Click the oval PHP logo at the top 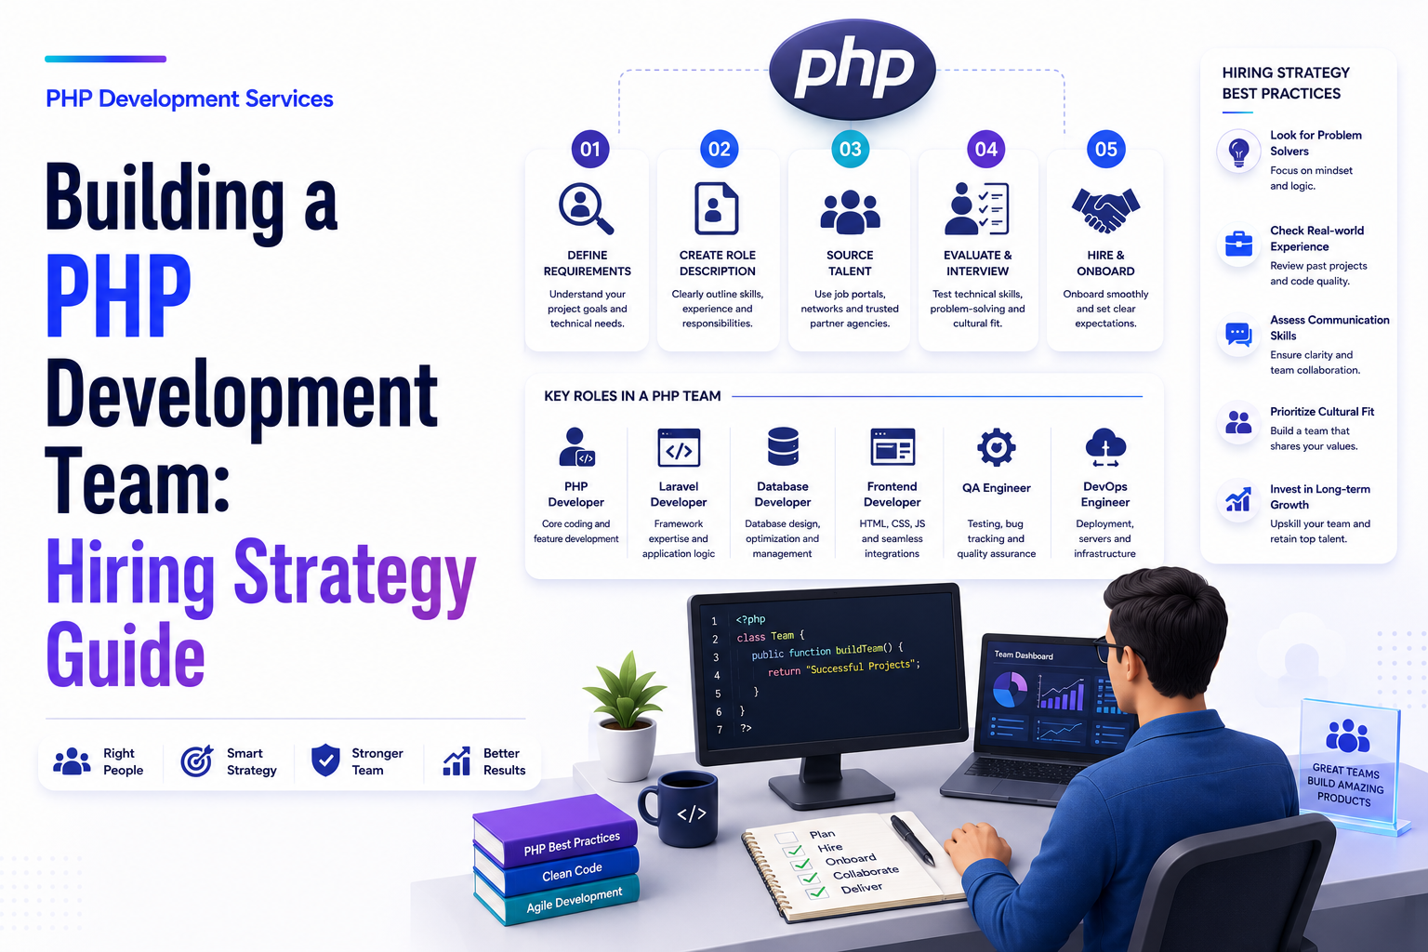click(853, 69)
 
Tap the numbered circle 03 click(851, 149)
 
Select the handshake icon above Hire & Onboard click(1105, 210)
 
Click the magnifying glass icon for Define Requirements click(586, 208)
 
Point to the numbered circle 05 click(1106, 149)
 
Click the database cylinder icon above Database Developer click(783, 446)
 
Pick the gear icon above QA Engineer click(997, 447)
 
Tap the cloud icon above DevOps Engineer click(1105, 447)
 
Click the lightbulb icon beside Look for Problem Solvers click(1238, 152)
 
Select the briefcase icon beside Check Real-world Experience click(1238, 244)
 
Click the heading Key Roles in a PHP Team click(632, 396)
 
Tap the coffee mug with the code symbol click(680, 808)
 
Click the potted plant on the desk click(626, 716)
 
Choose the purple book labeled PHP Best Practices click(555, 830)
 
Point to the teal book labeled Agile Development click(558, 898)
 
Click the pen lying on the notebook click(913, 840)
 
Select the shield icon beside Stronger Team click(325, 760)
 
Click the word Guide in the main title click(126, 654)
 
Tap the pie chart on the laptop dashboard click(1010, 690)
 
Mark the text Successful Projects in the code click(861, 667)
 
